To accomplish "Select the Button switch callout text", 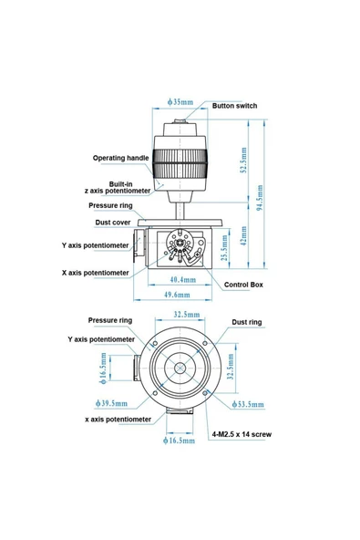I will tap(234, 106).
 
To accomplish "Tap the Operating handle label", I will tap(120, 158).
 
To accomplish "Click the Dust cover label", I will tap(115, 222).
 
